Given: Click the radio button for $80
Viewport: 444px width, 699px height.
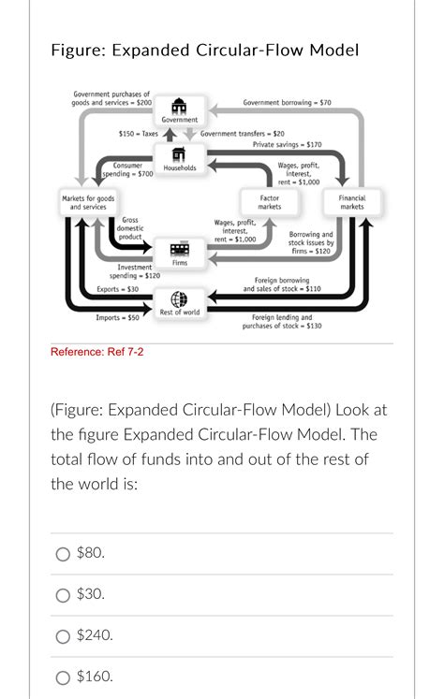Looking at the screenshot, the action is pos(63,553).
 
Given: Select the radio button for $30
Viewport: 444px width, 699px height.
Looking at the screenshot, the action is pos(63,594).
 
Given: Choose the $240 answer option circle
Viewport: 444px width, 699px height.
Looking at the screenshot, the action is pos(63,635).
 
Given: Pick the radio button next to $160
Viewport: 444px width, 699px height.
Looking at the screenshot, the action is pos(63,676).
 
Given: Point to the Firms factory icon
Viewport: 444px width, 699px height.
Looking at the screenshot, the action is pos(179,248).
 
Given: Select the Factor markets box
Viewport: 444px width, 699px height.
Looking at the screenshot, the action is pos(269,202).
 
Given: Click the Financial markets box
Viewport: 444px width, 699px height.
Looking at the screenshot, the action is pos(351,202).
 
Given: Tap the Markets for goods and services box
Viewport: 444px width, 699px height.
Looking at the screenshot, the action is pos(88,202).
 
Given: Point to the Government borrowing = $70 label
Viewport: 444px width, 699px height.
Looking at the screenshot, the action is pos(286,101).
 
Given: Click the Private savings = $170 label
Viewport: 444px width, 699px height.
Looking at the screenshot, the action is pos(287,145).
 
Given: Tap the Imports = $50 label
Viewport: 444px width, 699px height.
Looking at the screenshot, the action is pos(118,318).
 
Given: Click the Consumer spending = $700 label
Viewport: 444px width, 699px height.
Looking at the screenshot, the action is pos(127,169).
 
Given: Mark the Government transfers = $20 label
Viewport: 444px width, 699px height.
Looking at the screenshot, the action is pos(243,134).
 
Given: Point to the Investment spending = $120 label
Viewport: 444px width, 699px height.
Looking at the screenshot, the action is pos(134,271).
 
